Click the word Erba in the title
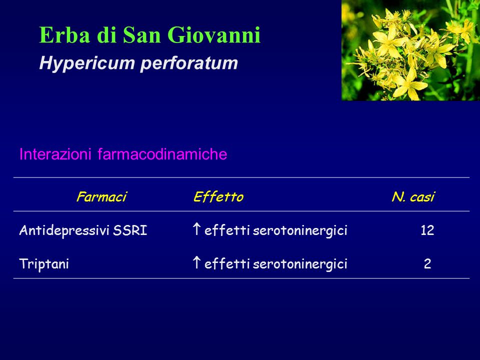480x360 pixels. point(65,34)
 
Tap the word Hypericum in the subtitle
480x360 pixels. point(87,63)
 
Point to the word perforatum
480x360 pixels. point(189,63)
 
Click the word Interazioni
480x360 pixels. point(55,153)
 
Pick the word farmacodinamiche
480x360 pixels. point(162,153)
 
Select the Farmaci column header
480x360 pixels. point(101,196)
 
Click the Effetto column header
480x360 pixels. point(218,196)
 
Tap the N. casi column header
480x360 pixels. point(413,196)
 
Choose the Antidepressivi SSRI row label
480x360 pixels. point(83,230)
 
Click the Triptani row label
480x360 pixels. point(44,264)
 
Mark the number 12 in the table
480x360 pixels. point(427,230)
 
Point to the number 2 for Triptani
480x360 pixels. point(427,264)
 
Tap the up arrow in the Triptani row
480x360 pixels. point(196,262)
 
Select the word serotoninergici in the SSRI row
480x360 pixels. point(300,230)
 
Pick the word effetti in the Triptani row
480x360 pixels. point(227,263)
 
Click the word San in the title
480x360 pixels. point(141,34)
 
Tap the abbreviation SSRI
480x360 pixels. point(130,230)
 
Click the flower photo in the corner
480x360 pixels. point(411,50)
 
